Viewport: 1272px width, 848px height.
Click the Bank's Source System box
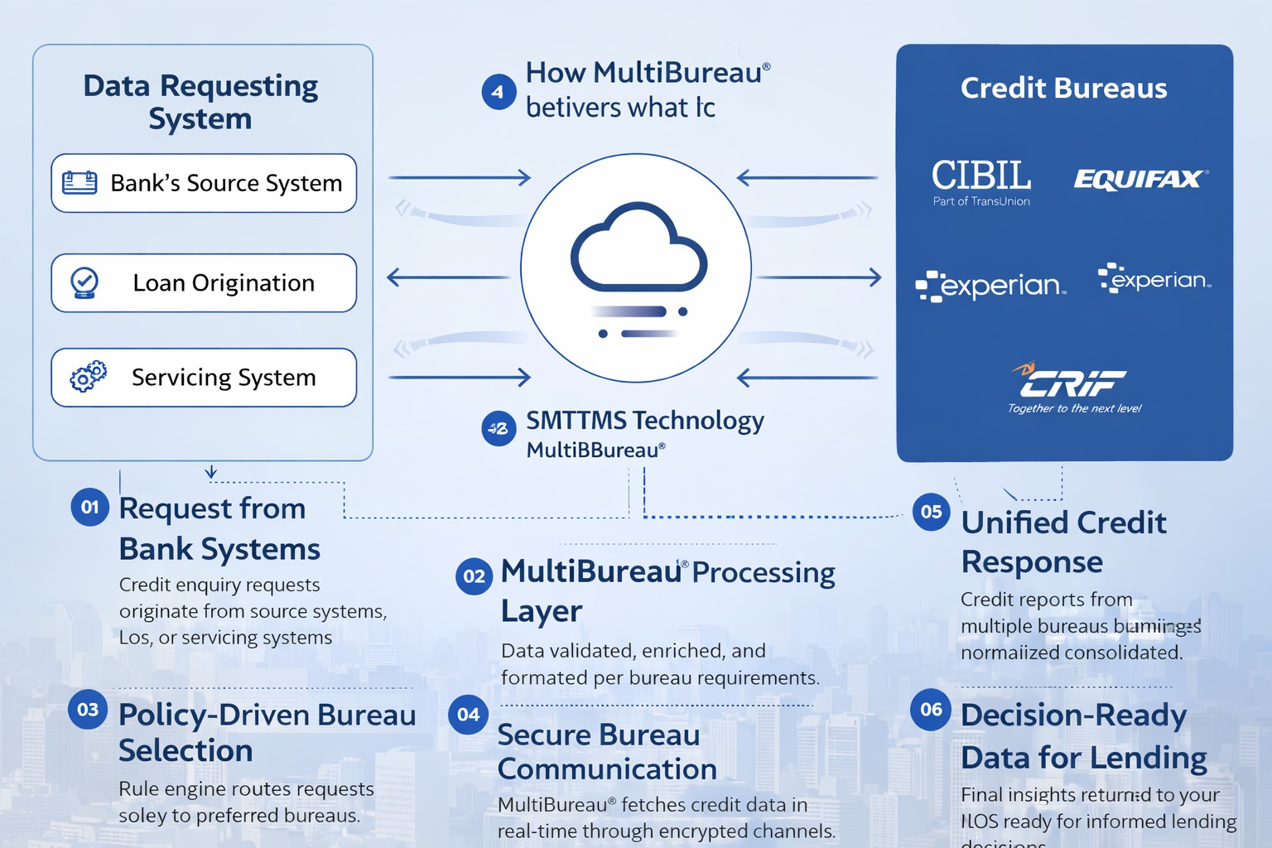point(204,183)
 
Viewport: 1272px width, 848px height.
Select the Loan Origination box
point(204,283)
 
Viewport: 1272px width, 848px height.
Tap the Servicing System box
point(204,378)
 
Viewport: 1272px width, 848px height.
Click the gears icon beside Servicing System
point(88,377)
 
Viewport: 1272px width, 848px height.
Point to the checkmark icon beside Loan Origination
point(84,282)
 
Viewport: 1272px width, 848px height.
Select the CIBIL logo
point(981,181)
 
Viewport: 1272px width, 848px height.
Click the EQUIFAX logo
point(1139,179)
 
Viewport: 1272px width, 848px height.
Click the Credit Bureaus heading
point(1063,88)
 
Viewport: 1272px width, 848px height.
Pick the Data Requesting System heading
point(200,101)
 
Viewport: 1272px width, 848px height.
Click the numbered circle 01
point(89,507)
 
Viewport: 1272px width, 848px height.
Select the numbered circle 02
point(474,576)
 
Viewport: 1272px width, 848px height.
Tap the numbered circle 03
point(88,710)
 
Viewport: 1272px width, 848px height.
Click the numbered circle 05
point(931,512)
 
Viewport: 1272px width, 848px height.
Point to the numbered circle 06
point(931,710)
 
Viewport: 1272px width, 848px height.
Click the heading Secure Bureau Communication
point(606,752)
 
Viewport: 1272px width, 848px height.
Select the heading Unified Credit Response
point(1063,542)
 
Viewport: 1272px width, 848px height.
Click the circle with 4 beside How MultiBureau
point(499,92)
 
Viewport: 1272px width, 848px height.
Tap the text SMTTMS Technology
point(645,421)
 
